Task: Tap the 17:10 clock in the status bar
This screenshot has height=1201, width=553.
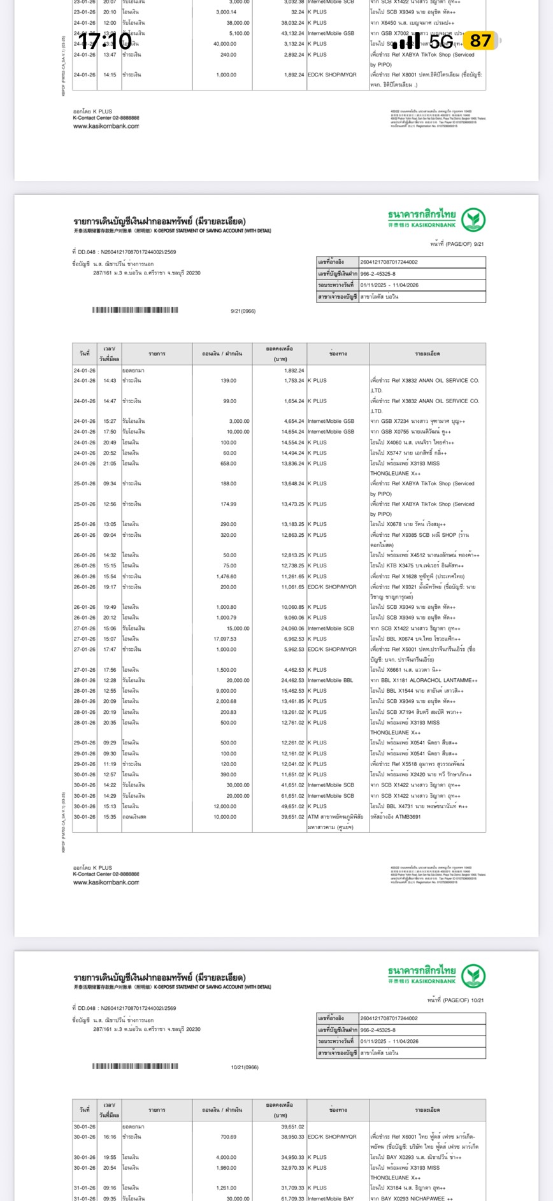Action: [104, 42]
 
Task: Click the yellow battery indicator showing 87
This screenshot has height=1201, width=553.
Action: [480, 41]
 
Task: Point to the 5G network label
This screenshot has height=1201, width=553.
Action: [441, 42]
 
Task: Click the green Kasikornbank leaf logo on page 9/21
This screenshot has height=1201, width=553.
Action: [473, 220]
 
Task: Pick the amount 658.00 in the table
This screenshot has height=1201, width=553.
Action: [228, 464]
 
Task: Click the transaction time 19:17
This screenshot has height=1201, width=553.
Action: [110, 587]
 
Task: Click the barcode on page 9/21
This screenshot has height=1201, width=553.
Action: [135, 310]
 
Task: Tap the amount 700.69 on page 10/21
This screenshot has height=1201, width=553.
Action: [228, 1137]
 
